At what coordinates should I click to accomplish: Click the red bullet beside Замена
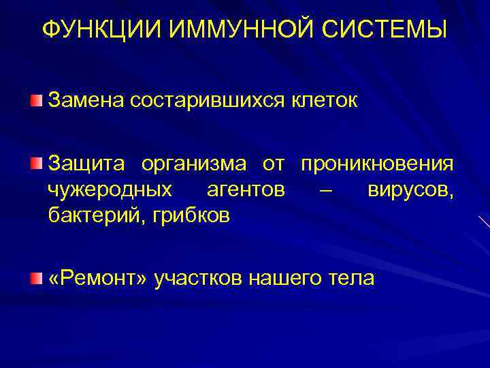coord(35,101)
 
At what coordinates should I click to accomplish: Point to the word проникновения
coord(377,165)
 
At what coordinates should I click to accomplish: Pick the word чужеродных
coord(110,190)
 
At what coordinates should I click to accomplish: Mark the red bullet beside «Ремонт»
coord(35,277)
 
